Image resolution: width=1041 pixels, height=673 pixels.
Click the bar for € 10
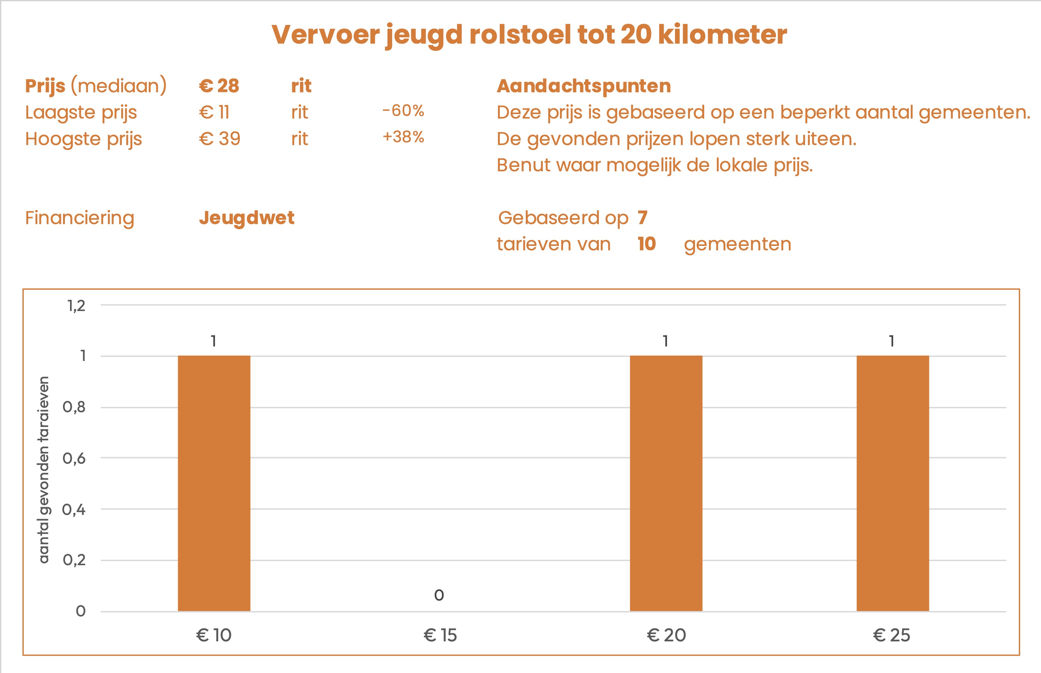(x=214, y=483)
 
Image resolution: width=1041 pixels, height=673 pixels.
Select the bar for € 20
(x=666, y=483)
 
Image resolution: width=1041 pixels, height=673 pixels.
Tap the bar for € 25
(x=892, y=483)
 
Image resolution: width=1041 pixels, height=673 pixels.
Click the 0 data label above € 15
(x=439, y=595)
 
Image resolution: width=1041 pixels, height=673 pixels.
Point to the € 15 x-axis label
(x=440, y=635)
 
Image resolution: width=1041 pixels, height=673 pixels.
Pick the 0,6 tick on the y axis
(x=74, y=458)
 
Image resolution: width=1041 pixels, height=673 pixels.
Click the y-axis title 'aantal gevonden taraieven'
(x=44, y=469)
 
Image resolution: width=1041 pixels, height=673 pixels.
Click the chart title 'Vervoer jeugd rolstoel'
(x=529, y=35)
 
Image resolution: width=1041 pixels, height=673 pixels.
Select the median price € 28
(x=219, y=86)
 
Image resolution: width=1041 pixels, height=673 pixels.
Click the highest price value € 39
(x=220, y=139)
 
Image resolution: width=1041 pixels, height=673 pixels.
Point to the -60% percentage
(x=403, y=111)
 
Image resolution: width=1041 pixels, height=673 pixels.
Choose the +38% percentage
(x=403, y=137)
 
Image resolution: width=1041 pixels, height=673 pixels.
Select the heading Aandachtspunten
(x=584, y=86)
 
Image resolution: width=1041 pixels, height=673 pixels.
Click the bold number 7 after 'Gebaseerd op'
(x=642, y=217)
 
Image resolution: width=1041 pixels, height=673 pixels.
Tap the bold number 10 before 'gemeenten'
(x=647, y=244)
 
